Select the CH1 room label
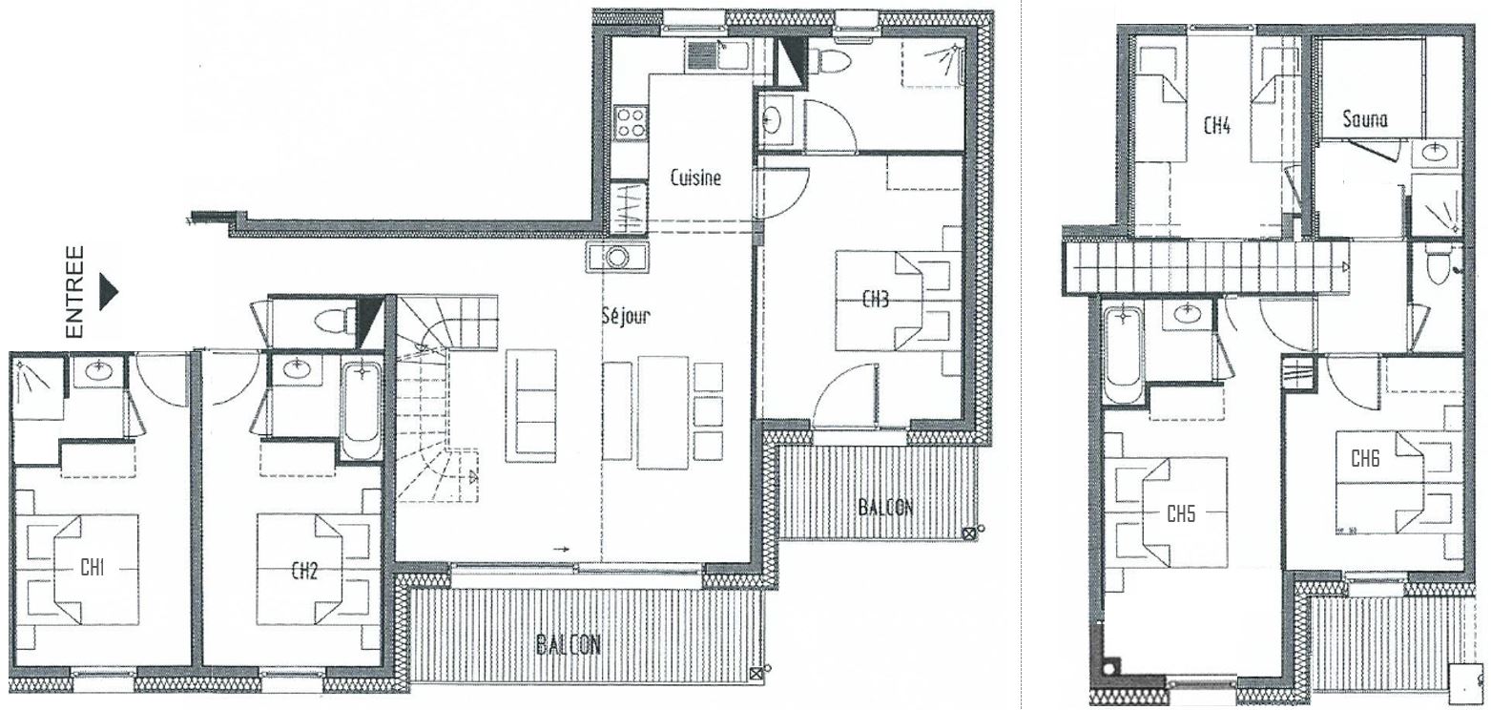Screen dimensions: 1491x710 pos(92,568)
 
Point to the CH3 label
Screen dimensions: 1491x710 pos(876,299)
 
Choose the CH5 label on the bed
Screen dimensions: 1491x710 pos(1181,513)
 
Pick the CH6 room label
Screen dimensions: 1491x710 pos(1365,458)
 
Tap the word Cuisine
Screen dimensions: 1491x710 pos(695,177)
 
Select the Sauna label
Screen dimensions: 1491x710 pos(1365,119)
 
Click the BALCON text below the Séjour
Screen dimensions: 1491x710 pos(569,645)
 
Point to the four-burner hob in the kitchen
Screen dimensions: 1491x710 pos(631,123)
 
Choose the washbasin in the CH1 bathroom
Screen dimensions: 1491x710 pos(100,370)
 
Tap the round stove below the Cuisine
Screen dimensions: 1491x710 pos(617,257)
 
